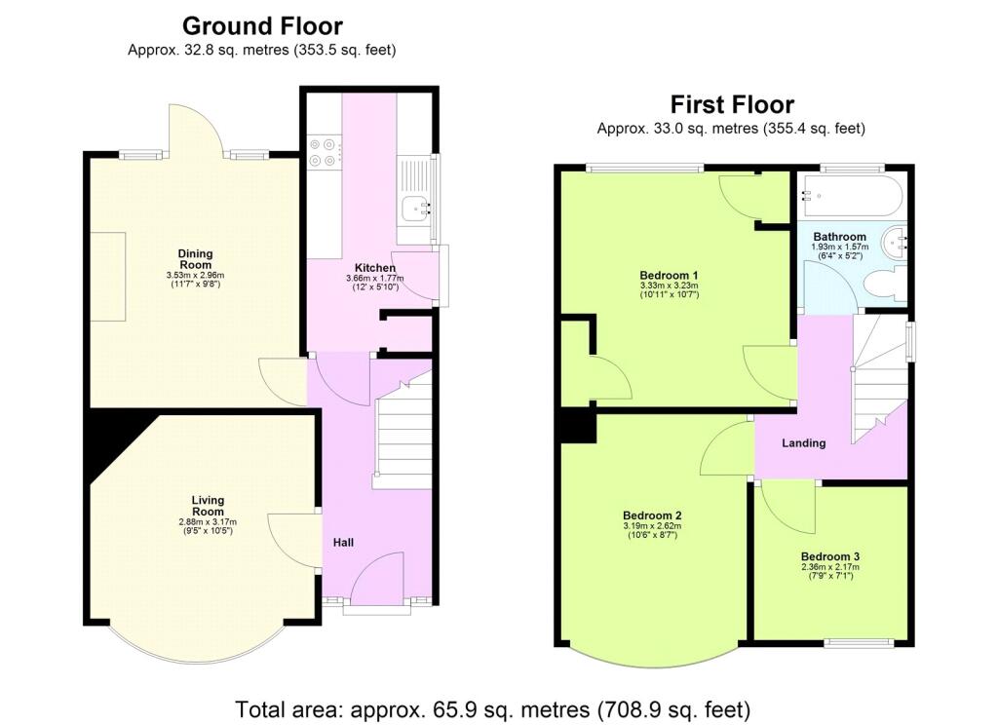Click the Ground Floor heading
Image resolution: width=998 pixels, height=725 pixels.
(262, 26)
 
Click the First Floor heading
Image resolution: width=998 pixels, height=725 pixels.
(731, 105)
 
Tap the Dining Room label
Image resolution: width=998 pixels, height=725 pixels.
(195, 259)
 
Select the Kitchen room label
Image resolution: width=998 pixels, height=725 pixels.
(374, 268)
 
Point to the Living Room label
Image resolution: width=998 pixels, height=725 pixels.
(208, 507)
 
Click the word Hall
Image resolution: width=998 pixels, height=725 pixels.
(343, 543)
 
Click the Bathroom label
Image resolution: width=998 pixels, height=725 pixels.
(839, 237)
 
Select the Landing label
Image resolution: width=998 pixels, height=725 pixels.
(804, 443)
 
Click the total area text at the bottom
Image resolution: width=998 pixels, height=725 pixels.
(492, 708)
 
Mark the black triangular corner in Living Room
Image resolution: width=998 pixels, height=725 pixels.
(109, 439)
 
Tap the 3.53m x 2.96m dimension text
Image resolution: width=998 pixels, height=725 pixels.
(195, 276)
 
